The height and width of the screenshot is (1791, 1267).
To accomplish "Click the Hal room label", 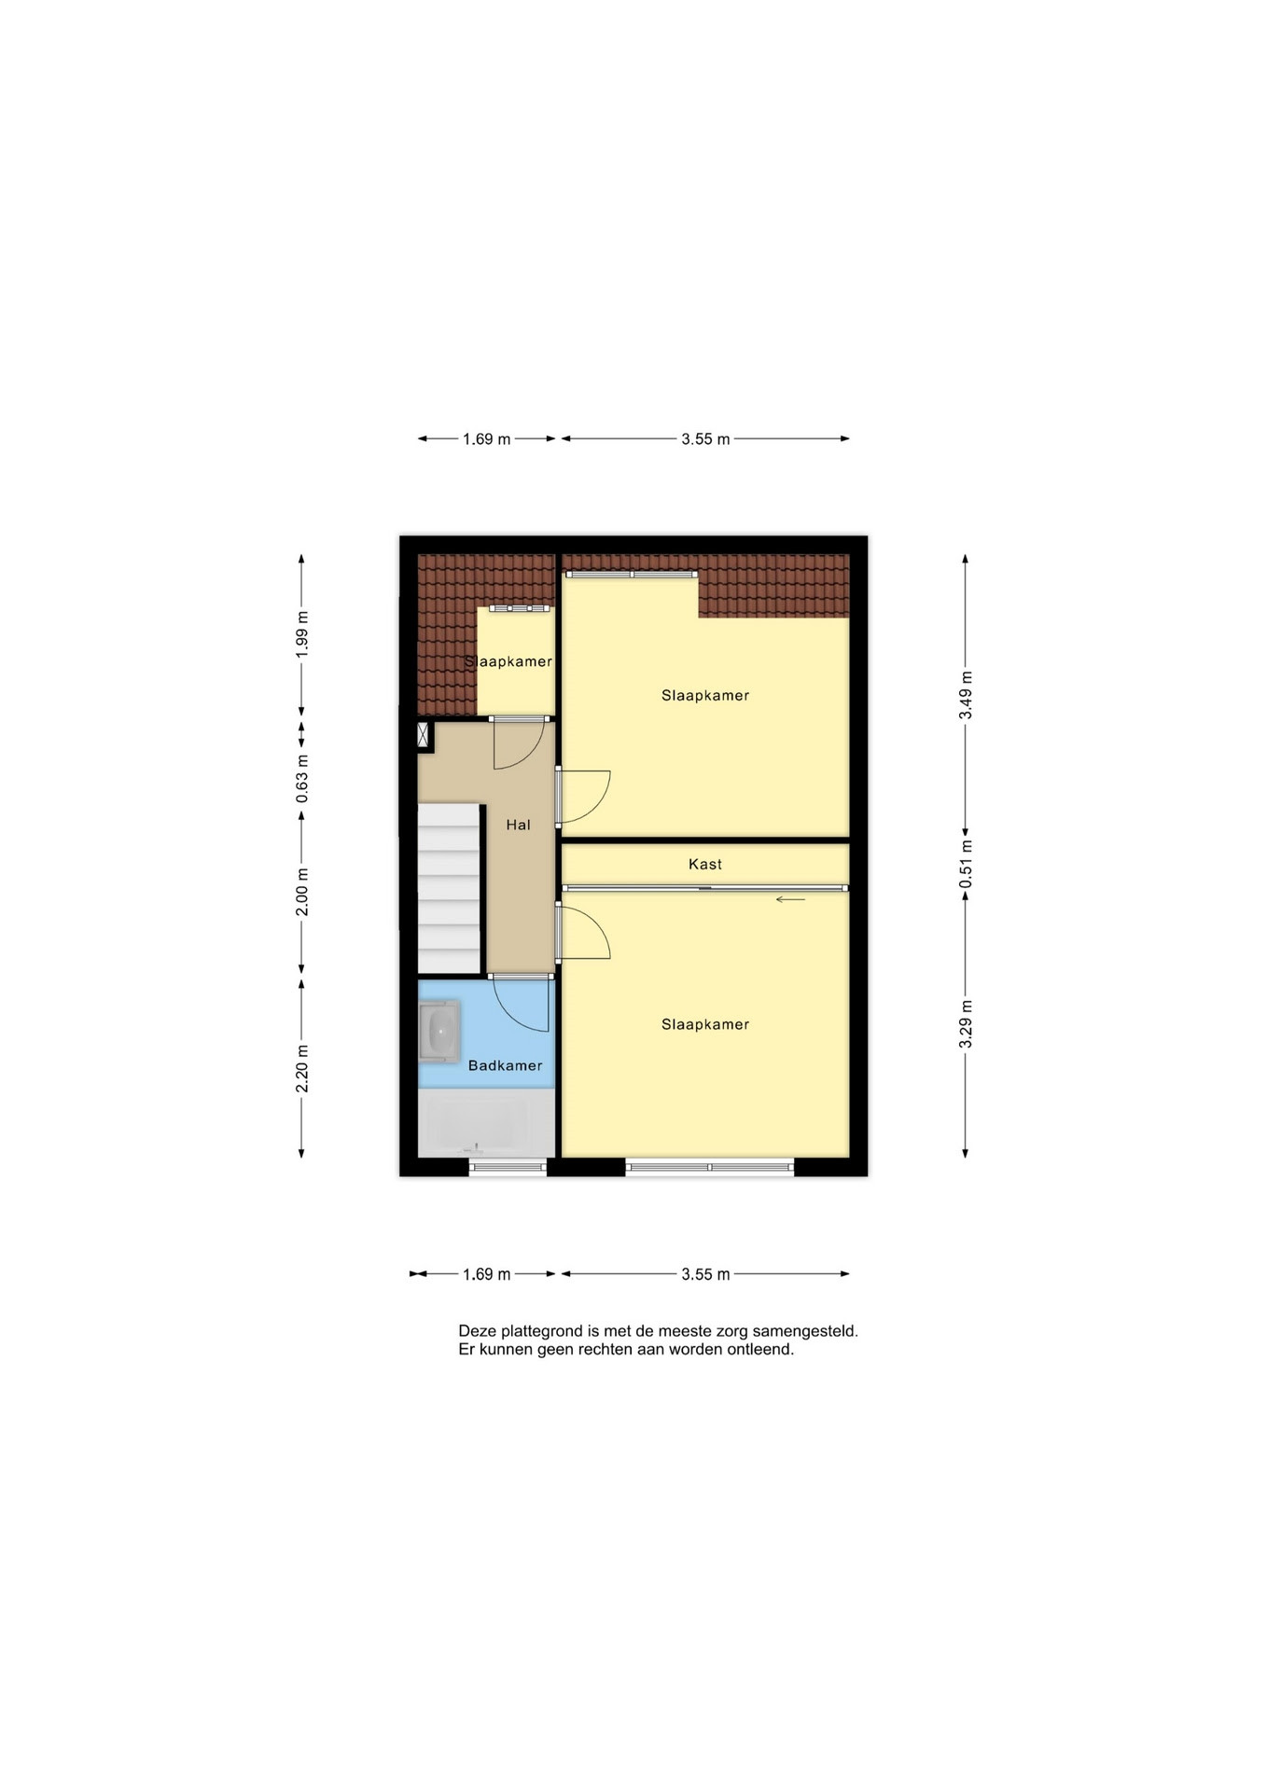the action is point(518,825).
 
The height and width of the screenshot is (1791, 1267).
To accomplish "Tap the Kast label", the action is point(705,864).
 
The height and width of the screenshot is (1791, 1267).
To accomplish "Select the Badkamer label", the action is point(505,1065).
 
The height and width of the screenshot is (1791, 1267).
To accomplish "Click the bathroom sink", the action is point(439,1032).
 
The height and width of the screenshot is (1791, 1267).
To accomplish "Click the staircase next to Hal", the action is point(449,888).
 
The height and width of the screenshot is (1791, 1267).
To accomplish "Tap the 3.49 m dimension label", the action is point(966,695).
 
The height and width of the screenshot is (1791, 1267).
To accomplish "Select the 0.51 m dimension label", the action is point(966,864).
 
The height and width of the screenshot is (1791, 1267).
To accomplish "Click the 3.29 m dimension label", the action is point(966,1024).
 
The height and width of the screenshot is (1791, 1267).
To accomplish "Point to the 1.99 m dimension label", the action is point(301,635).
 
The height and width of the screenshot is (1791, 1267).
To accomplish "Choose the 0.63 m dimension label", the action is point(301,779).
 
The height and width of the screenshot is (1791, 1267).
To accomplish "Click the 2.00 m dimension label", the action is point(301,892).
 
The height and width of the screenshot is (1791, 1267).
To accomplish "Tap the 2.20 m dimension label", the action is point(301,1069).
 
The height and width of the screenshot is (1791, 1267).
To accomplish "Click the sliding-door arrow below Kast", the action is point(790,900).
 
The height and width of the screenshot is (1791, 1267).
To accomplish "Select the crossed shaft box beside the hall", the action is point(425,735).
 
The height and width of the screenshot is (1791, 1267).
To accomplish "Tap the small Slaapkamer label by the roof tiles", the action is point(508,661).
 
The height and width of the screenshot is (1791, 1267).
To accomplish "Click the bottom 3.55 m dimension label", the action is point(705,1274).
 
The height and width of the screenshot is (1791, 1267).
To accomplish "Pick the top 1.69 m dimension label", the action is point(487,438).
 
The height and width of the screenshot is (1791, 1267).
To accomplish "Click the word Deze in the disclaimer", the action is point(477,1331).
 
